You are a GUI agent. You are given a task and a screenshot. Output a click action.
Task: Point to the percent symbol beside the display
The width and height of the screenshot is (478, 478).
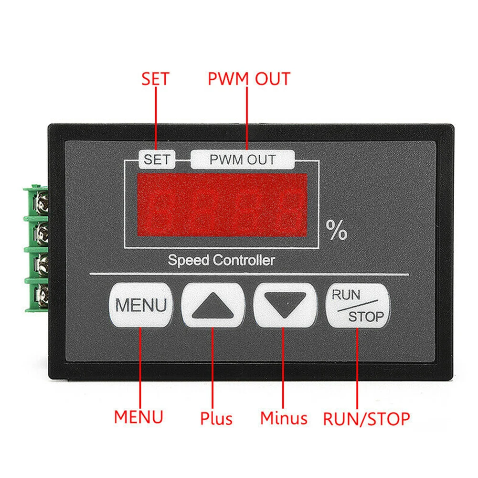point(336,231)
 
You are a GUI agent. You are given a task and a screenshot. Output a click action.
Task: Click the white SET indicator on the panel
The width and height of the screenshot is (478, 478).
point(157,159)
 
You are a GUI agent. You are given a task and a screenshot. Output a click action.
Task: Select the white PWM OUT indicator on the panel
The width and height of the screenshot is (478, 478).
point(243,159)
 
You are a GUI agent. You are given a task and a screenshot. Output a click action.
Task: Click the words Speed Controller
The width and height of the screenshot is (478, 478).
point(221,260)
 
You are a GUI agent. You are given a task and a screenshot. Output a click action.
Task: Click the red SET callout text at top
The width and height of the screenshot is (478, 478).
point(155,79)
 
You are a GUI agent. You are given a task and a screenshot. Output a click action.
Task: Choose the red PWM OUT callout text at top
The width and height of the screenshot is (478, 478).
point(249,78)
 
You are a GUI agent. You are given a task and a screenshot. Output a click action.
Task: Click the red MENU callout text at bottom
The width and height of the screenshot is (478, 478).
point(138,416)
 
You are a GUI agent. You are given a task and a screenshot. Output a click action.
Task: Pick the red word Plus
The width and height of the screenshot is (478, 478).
point(216,419)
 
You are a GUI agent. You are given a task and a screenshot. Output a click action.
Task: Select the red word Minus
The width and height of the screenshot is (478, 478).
point(284,418)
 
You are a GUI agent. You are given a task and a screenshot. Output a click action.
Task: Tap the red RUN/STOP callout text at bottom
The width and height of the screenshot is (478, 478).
point(366,419)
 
